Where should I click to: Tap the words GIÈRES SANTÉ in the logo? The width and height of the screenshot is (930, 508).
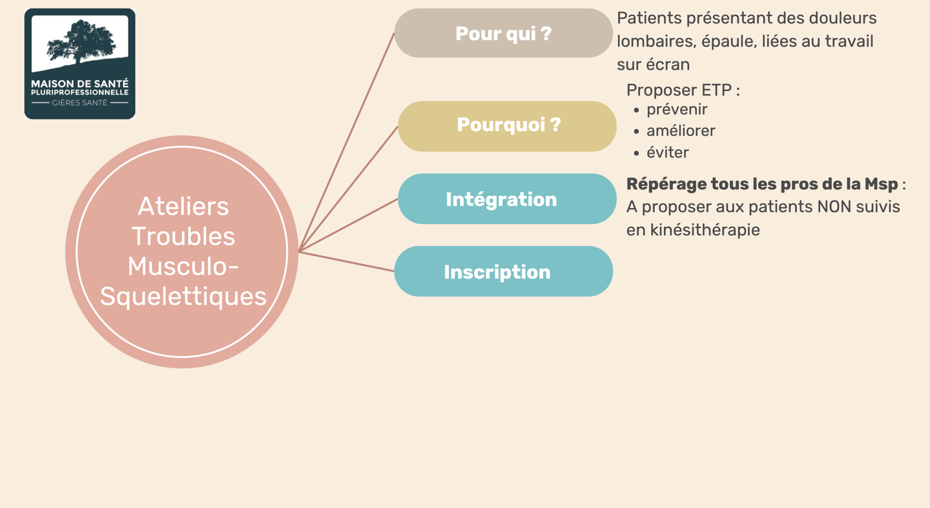[79, 103]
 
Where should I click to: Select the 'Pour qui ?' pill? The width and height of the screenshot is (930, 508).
[503, 34]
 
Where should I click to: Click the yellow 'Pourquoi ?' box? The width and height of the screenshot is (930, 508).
[508, 125]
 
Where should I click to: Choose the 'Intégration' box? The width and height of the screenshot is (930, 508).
[507, 199]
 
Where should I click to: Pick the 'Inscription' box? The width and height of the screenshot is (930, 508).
[503, 271]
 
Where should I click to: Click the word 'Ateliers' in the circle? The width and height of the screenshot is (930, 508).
[183, 207]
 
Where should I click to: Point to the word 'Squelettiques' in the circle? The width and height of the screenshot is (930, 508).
[183, 296]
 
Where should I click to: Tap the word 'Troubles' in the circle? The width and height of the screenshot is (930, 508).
[183, 237]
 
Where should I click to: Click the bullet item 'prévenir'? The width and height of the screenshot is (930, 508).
[677, 109]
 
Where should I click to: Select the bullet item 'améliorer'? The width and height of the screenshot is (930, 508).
[681, 131]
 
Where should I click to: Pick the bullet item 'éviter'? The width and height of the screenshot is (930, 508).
[668, 153]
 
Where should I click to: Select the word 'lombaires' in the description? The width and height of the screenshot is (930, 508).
[652, 41]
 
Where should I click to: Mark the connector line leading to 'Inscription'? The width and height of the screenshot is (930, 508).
[347, 261]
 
